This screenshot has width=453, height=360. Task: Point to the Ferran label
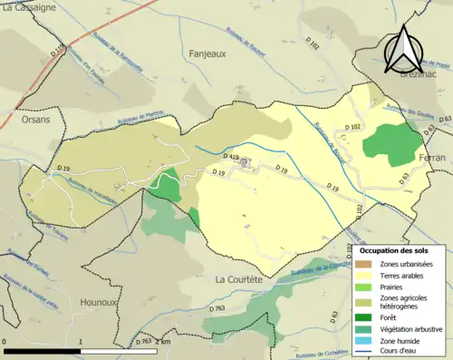(431, 158)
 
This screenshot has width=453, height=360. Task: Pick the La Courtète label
(238, 279)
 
